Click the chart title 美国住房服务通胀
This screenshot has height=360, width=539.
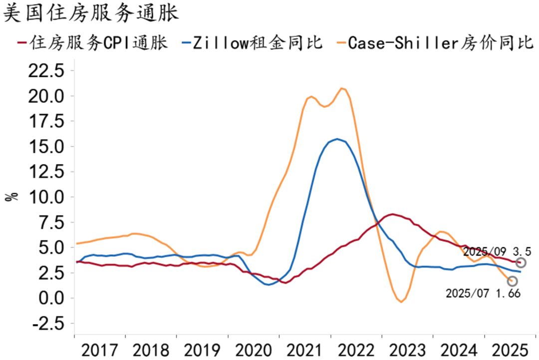pyautogui.click(x=91, y=13)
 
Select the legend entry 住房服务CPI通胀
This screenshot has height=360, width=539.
pyautogui.click(x=92, y=43)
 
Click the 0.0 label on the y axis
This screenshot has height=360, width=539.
pyautogui.click(x=51, y=298)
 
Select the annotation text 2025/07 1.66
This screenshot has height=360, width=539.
pyautogui.click(x=483, y=293)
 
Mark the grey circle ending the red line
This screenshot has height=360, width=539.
pyautogui.click(x=521, y=263)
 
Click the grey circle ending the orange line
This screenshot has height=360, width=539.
pyautogui.click(x=512, y=281)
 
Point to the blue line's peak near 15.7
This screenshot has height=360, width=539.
pyautogui.click(x=338, y=139)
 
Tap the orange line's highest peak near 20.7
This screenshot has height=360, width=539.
pyautogui.click(x=342, y=88)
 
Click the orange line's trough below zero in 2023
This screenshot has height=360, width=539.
pyautogui.click(x=401, y=302)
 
